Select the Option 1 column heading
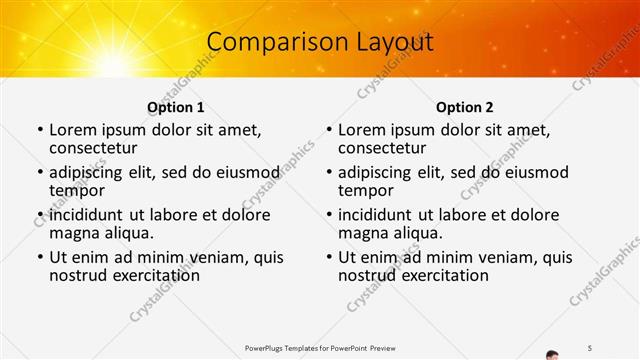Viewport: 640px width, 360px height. pyautogui.click(x=175, y=107)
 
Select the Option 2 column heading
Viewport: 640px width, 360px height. pyautogui.click(x=464, y=107)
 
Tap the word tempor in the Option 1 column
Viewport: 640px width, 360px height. pyautogui.click(x=77, y=190)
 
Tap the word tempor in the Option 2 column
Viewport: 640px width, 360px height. pyautogui.click(x=366, y=190)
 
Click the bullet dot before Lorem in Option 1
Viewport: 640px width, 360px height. pyautogui.click(x=39, y=130)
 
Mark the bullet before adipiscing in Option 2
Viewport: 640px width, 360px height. pyautogui.click(x=328, y=173)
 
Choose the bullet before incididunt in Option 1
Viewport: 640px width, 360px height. pyautogui.click(x=39, y=215)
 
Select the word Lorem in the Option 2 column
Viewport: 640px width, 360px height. pyautogui.click(x=362, y=130)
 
